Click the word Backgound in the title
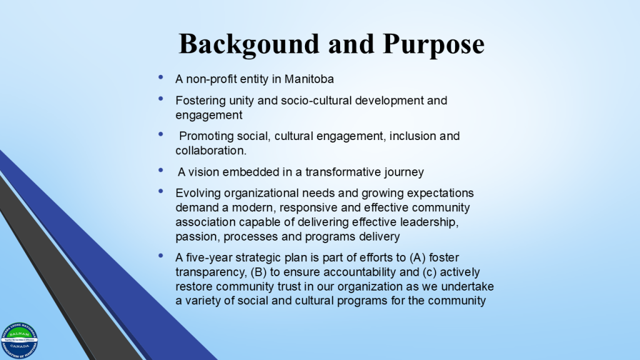pos(249,44)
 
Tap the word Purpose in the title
pos(434,44)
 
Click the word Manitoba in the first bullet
pos(309,79)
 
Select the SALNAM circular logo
pos(19,341)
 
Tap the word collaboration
pos(211,151)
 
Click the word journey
pos(404,172)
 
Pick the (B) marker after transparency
pos(259,272)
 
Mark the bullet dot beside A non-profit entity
pos(161,77)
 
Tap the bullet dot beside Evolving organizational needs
pos(161,191)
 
